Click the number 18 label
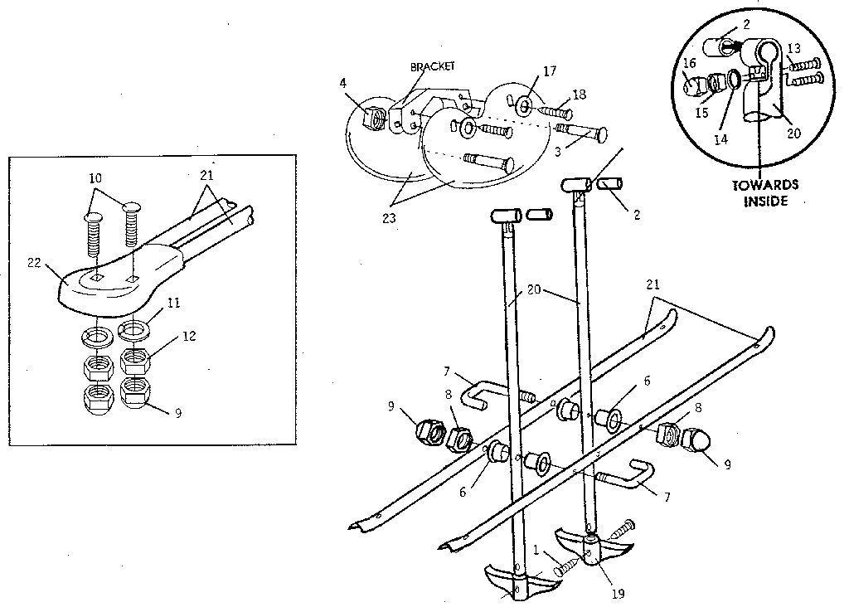pos(579,95)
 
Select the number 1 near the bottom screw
pos(536,550)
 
